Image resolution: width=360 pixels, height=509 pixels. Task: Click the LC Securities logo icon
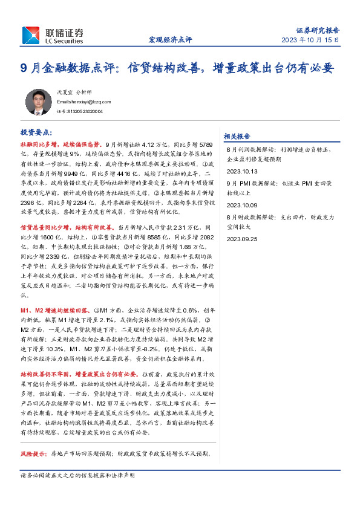pyautogui.click(x=31, y=35)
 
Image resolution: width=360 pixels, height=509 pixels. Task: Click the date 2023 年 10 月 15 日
pyautogui.click(x=310, y=40)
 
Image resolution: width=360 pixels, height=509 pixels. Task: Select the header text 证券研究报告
pyautogui.click(x=317, y=30)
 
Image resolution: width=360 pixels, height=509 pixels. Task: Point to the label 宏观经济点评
pyautogui.click(x=170, y=40)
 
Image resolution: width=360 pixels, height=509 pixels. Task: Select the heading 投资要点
pyautogui.click(x=37, y=131)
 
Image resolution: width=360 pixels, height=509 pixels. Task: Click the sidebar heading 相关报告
pyautogui.click(x=237, y=136)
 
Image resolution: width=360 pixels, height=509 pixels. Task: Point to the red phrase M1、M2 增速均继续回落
pyautogui.click(x=58, y=309)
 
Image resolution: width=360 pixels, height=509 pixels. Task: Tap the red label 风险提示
pyautogui.click(x=34, y=453)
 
